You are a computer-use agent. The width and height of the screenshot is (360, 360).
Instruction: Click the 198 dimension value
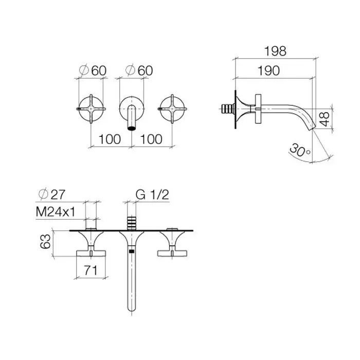coord(275,51)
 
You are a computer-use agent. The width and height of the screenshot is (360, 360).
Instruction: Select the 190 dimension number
coord(268,70)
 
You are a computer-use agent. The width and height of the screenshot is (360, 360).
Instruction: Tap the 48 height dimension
coord(325,119)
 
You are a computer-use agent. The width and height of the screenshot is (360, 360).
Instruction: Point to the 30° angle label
coord(299,150)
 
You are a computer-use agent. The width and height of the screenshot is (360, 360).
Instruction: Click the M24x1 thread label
coord(56,212)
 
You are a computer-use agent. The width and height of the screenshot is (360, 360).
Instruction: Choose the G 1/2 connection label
coord(152,195)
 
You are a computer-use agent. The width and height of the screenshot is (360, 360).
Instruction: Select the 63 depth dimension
coord(45,241)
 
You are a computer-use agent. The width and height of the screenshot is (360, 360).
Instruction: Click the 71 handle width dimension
coord(91,270)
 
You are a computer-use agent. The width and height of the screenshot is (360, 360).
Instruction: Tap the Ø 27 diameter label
coord(51,194)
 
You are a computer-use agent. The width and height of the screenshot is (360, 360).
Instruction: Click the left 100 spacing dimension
coord(110,139)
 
